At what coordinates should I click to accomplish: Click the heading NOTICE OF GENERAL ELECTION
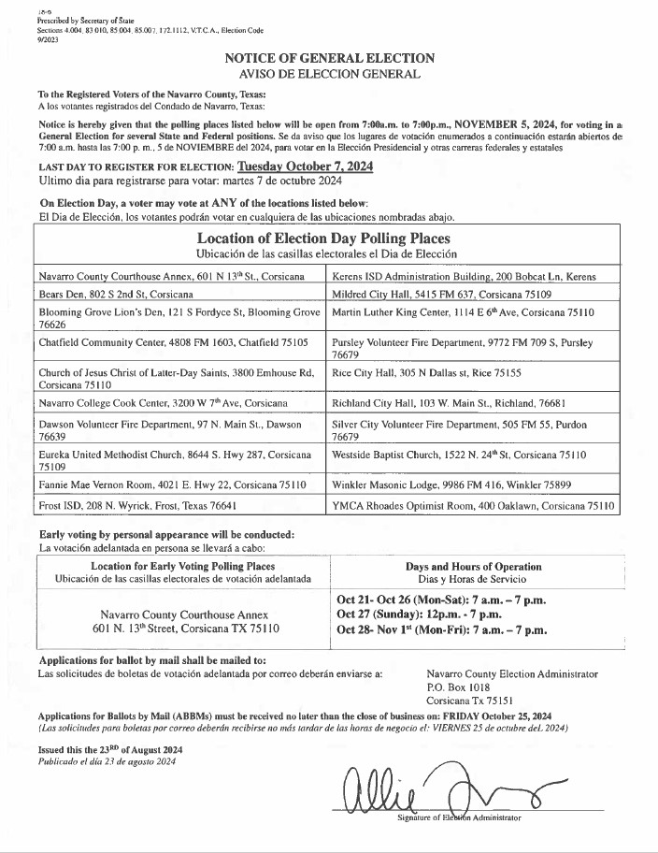(329, 58)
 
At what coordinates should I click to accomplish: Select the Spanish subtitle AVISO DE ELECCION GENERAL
(329, 73)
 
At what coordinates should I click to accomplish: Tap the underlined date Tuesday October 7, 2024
(306, 166)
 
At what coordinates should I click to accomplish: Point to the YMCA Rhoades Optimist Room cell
(473, 505)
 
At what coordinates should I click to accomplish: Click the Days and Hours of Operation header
(473, 566)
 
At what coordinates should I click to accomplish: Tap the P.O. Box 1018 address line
(458, 687)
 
